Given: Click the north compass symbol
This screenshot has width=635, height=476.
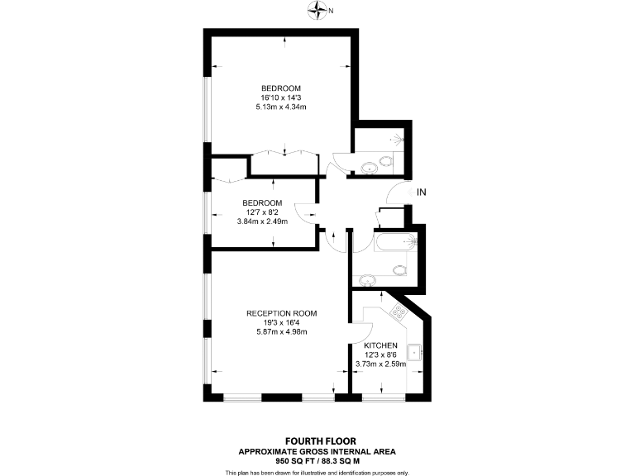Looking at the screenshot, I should point(317,10).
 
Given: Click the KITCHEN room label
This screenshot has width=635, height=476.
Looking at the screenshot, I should point(381,345).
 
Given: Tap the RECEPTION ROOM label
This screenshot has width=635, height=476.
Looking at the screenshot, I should point(282,313).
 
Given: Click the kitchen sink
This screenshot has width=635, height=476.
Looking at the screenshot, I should point(419,353).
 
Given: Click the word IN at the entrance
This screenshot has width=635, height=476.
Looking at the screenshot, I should point(421,193).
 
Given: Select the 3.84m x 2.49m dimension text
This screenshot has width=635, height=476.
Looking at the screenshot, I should point(262,221).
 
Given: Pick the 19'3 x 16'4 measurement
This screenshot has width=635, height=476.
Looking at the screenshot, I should point(282,322).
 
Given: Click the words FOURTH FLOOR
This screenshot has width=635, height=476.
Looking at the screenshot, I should point(317,441).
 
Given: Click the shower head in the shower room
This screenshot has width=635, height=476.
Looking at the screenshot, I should point(402,138).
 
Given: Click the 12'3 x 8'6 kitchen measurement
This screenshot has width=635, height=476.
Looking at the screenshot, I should point(381,354).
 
